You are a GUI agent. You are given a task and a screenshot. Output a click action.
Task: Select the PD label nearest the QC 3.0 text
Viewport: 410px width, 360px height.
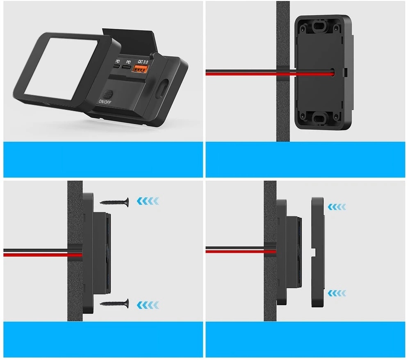(x=128, y=61)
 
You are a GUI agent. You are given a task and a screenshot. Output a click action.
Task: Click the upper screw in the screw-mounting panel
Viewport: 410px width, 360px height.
(x=114, y=201)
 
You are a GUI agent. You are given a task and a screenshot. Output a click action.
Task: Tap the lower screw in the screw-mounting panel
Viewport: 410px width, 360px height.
(x=114, y=303)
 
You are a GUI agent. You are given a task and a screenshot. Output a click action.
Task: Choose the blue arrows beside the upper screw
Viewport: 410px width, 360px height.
(x=148, y=201)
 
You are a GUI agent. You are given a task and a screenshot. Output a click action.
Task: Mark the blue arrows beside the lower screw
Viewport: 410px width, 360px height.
(x=148, y=304)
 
